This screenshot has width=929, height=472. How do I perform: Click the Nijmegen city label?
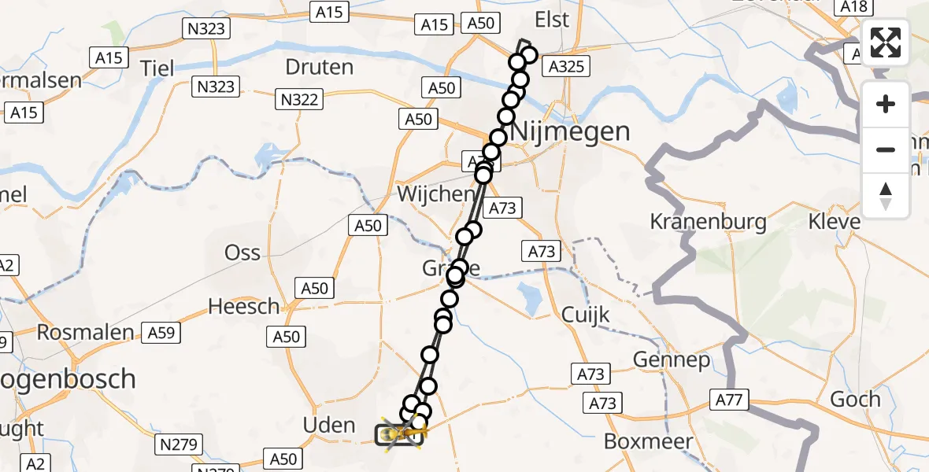(x=571, y=131)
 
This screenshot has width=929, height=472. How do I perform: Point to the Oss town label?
(x=242, y=253)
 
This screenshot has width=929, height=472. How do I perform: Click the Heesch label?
(x=243, y=306)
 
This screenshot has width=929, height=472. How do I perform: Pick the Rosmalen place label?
(x=86, y=333)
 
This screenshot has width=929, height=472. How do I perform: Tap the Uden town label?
(x=329, y=426)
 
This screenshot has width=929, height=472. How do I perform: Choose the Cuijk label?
(x=586, y=315)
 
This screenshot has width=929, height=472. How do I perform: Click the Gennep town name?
(x=672, y=360)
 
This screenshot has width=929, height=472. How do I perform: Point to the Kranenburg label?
(x=709, y=222)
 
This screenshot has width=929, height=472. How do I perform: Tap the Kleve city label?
(x=835, y=222)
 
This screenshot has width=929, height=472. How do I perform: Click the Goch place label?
(x=855, y=399)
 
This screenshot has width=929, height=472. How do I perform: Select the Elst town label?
(x=551, y=20)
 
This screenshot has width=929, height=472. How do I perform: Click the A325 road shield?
(x=566, y=66)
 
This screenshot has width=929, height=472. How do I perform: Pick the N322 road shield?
(x=298, y=98)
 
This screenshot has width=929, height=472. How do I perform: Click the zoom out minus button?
(x=886, y=149)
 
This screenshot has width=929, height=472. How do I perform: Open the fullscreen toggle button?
(x=886, y=42)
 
